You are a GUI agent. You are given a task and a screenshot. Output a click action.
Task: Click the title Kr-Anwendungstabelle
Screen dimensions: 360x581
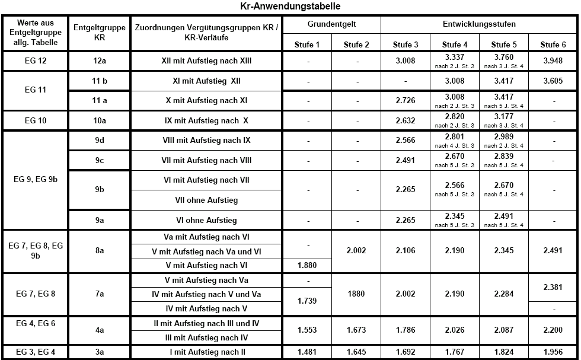290,6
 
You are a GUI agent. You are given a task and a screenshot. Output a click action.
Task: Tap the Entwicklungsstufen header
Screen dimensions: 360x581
479,24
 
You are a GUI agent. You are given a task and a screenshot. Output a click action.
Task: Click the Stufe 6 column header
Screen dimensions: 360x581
553,44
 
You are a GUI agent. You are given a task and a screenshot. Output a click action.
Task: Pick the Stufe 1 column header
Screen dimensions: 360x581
307,44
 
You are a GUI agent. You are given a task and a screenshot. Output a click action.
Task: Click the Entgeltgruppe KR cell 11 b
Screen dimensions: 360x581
100,81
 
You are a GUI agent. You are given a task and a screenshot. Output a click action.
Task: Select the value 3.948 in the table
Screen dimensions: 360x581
553,61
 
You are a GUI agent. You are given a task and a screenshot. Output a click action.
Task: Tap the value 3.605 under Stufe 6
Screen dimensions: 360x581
553,81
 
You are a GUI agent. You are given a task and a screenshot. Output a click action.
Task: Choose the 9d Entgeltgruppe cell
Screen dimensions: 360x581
100,141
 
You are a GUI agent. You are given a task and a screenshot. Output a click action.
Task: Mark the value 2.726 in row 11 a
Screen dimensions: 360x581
406,101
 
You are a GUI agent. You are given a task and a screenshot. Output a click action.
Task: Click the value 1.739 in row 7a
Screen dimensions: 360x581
307,301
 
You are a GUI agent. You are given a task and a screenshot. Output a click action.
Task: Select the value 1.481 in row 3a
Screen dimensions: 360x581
307,352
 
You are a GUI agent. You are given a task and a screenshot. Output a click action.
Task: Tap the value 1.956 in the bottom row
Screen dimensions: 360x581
553,352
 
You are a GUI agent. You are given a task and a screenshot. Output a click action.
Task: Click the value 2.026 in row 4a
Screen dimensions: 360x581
455,330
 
